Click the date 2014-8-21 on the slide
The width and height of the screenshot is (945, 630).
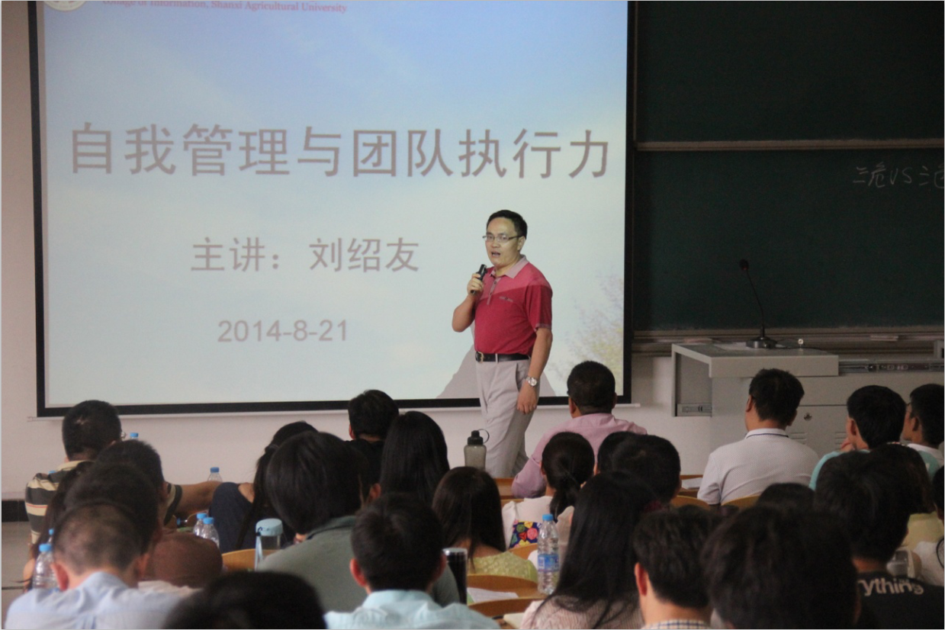tap(282, 331)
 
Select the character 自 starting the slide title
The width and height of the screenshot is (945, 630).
tap(92, 148)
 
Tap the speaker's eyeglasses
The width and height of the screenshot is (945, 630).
tap(500, 238)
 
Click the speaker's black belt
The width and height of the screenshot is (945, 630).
tap(501, 356)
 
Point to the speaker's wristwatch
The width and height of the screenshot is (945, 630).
tap(531, 381)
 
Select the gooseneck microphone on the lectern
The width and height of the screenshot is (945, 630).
tap(755, 305)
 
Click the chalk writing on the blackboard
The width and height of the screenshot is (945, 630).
tap(897, 177)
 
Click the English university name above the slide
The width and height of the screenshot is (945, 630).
tap(229, 6)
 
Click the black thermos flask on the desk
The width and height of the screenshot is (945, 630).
tap(457, 572)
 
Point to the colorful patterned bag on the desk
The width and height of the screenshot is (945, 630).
tap(525, 533)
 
